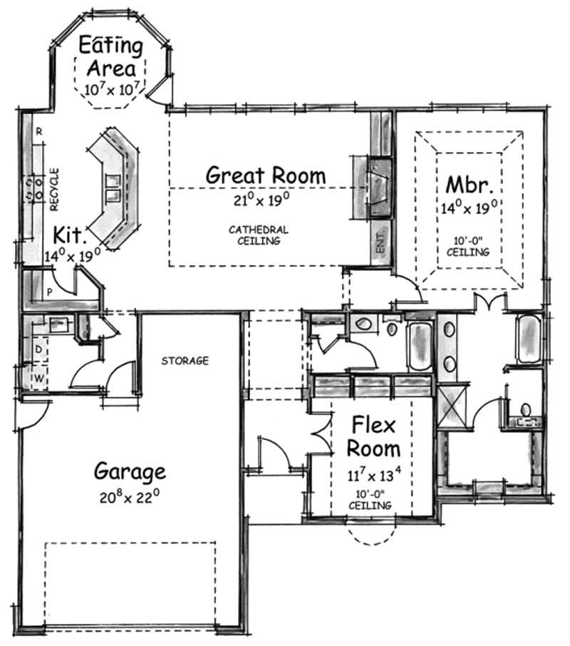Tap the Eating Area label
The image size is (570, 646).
click(110, 57)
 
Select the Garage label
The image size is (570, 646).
click(130, 471)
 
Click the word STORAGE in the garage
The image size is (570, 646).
click(185, 361)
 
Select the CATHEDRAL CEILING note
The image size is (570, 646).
click(259, 235)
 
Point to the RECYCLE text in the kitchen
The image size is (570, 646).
click(55, 190)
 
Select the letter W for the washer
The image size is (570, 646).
click(38, 378)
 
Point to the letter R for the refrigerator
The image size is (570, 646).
click(40, 132)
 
